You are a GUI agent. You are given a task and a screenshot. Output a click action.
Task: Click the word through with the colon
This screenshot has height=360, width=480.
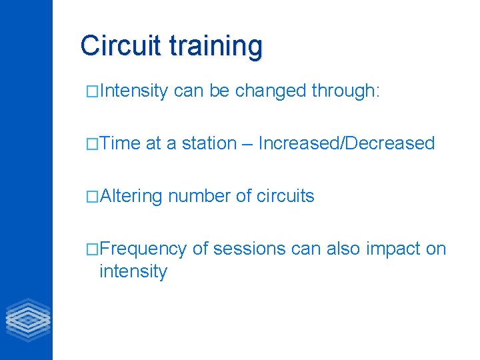click(x=345, y=91)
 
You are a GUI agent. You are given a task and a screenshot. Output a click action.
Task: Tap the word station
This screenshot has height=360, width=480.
click(x=209, y=143)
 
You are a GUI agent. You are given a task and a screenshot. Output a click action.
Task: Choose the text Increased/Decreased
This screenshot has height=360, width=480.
click(x=346, y=143)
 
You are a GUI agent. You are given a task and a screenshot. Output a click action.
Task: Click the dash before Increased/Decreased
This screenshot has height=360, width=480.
click(x=247, y=144)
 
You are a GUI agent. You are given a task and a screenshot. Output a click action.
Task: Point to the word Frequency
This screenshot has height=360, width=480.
click(x=143, y=249)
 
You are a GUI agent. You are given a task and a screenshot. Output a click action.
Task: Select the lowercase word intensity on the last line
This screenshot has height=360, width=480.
click(x=133, y=271)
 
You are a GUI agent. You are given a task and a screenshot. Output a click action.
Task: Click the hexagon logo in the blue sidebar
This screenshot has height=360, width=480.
click(x=27, y=319)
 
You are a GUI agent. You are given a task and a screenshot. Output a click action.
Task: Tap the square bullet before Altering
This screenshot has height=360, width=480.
click(x=93, y=197)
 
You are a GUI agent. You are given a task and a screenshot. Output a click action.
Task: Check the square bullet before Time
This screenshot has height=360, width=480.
click(x=93, y=144)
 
